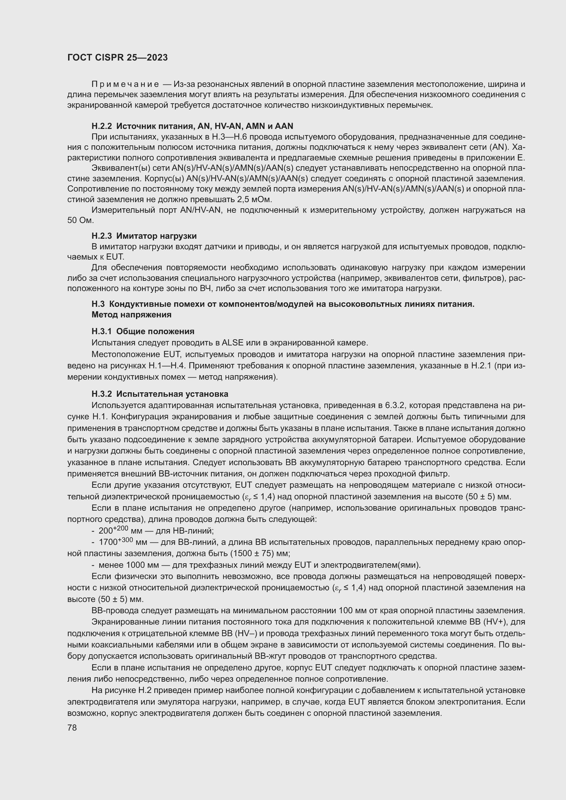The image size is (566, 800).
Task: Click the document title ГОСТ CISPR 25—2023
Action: [x=117, y=57]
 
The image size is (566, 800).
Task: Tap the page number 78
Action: [x=72, y=727]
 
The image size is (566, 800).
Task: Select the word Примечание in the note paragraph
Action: [x=125, y=84]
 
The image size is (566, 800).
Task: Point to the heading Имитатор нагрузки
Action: [x=156, y=236]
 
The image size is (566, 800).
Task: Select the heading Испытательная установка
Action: [x=172, y=394]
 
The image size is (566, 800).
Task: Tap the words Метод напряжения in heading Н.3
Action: [x=131, y=314]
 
